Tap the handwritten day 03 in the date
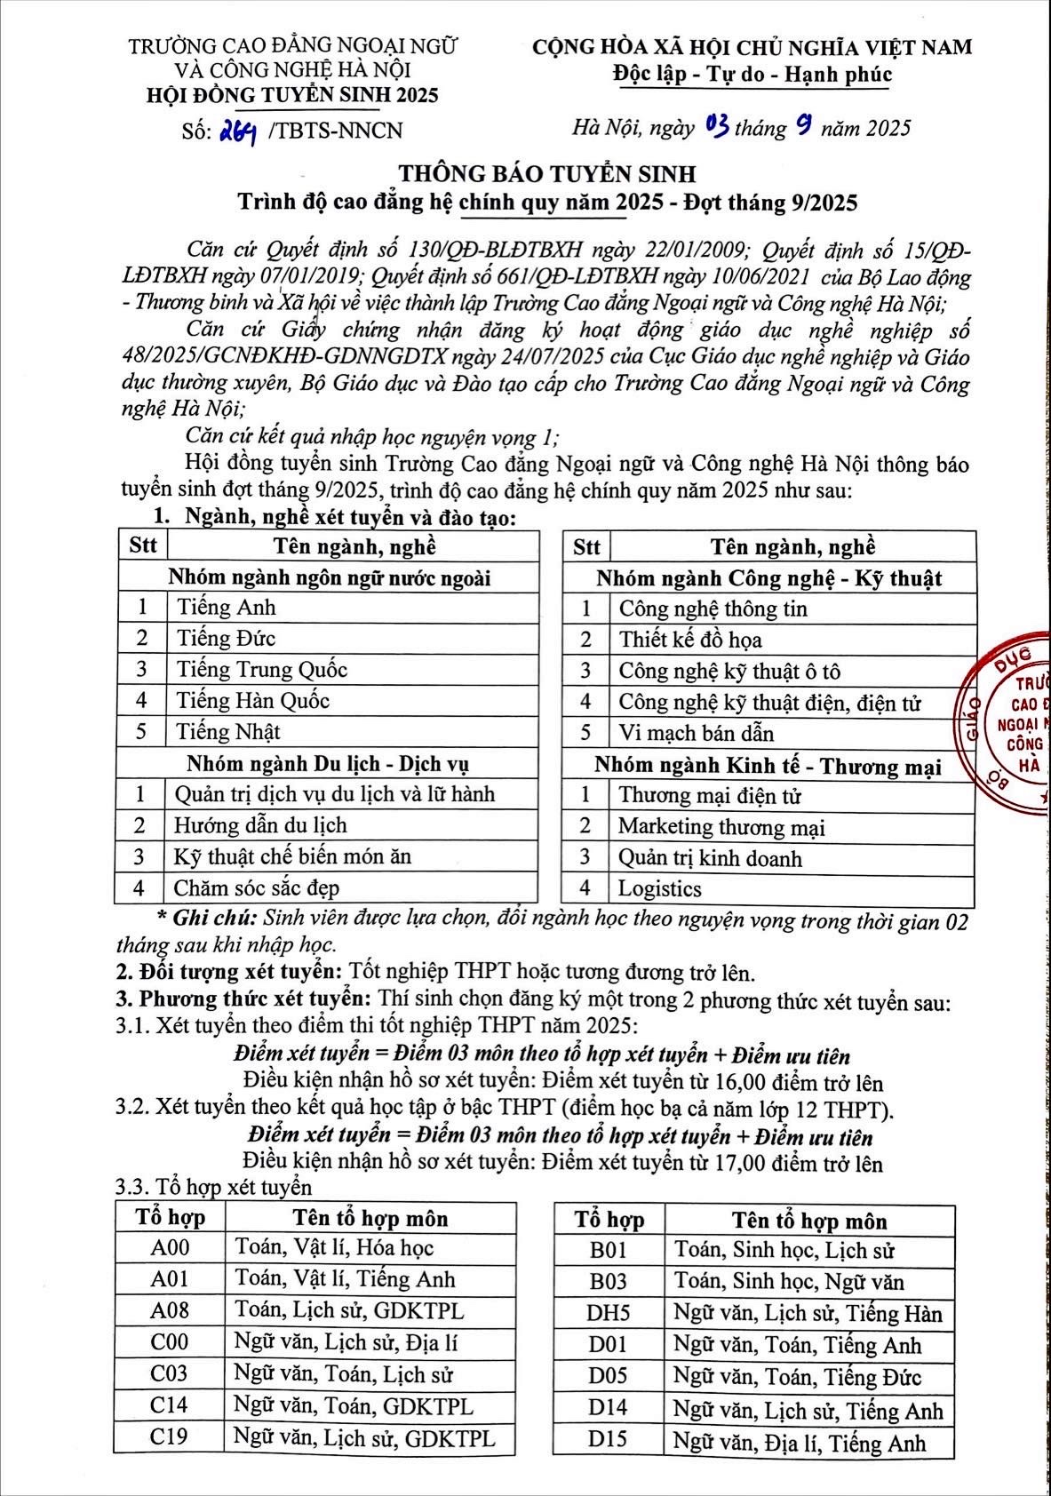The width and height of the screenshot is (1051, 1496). [x=717, y=128]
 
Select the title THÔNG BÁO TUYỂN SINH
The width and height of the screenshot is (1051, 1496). [x=546, y=173]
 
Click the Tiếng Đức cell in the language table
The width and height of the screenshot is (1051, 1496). [x=227, y=639]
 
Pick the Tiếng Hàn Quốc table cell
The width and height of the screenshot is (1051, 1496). [x=253, y=701]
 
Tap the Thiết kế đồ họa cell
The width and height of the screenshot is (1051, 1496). [x=690, y=641]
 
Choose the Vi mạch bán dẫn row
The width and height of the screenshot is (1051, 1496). [x=697, y=734]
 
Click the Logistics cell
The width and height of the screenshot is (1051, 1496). [x=660, y=889]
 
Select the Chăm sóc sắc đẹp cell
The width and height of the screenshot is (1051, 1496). [x=257, y=888]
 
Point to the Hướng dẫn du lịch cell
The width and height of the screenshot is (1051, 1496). [x=260, y=826]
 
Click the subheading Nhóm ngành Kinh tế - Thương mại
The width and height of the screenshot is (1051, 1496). [x=768, y=766]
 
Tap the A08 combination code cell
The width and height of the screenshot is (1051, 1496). [x=170, y=1311]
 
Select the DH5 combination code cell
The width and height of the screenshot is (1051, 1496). [x=609, y=1314]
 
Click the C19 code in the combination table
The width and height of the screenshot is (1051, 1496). [x=170, y=1437]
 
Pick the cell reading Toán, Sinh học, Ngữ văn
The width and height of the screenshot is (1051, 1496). [x=789, y=1282]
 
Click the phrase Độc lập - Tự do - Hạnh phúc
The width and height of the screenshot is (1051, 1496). [x=752, y=75]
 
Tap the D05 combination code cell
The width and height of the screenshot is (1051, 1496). [x=609, y=1377]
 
